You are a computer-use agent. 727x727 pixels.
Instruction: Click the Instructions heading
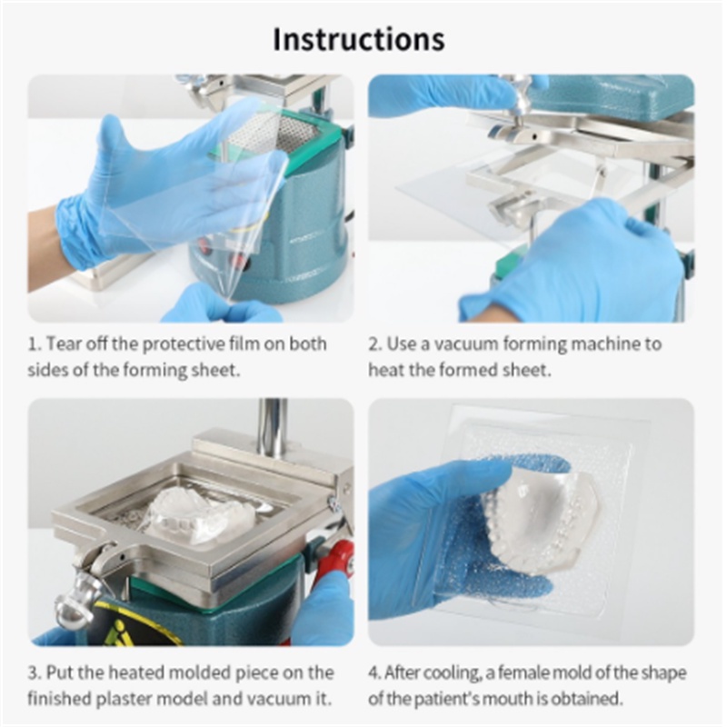click(x=359, y=39)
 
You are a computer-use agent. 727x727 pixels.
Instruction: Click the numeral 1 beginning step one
click(x=32, y=344)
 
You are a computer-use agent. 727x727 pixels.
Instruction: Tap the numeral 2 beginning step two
click(x=373, y=344)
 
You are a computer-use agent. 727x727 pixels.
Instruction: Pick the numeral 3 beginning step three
click(x=33, y=672)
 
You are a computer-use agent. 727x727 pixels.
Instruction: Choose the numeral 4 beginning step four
click(x=373, y=672)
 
